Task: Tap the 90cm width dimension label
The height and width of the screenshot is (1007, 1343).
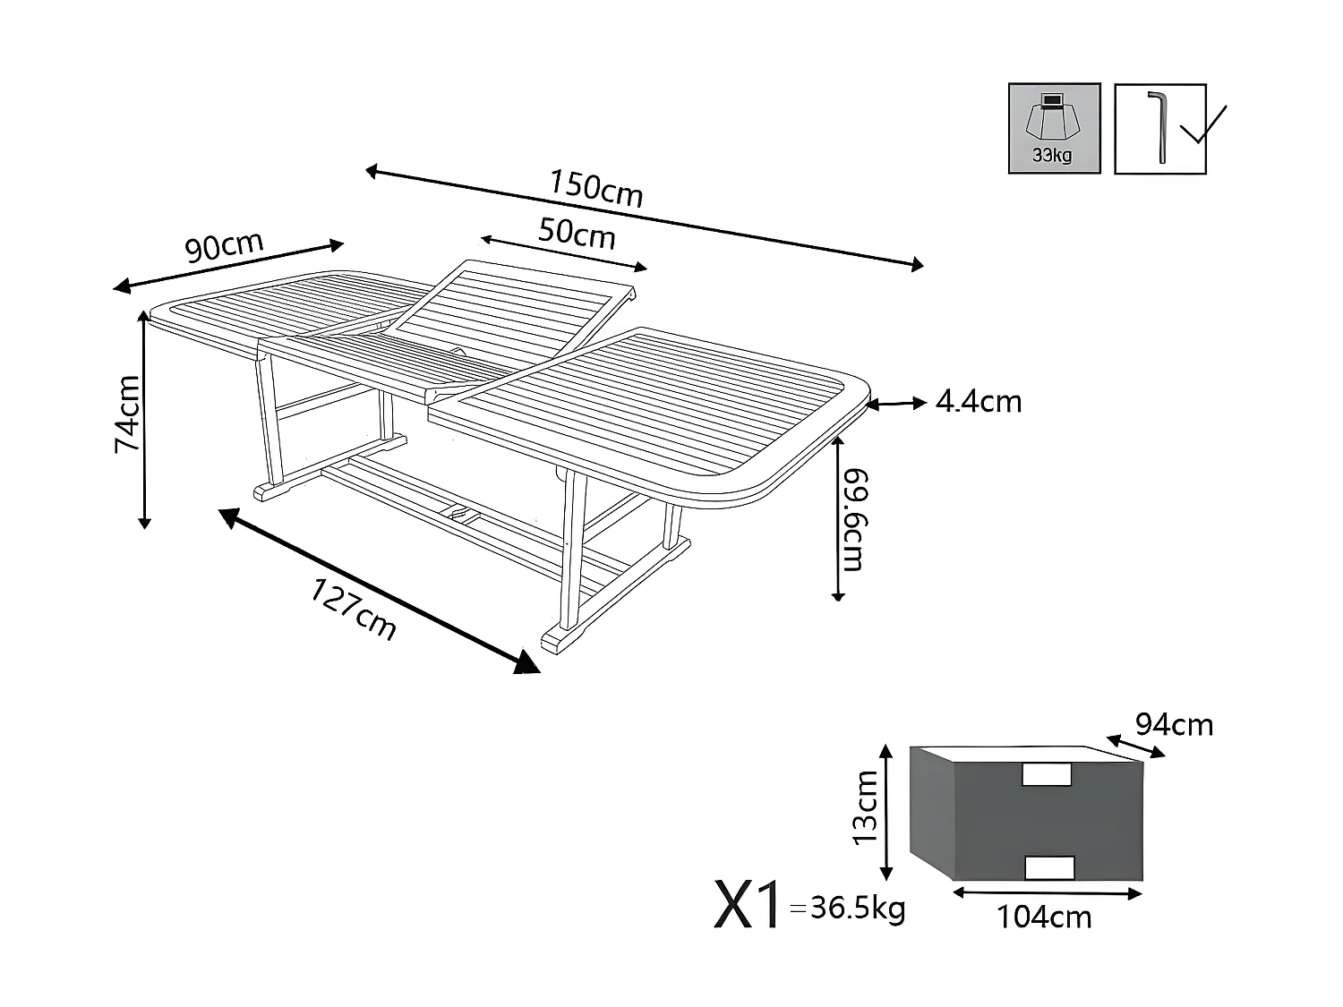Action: coord(224,246)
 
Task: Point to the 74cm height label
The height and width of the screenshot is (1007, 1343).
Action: coord(127,414)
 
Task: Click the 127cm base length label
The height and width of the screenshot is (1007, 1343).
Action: coord(354,609)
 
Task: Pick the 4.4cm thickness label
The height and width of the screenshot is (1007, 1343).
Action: coord(978,402)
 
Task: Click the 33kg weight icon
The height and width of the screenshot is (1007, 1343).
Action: coord(1054,128)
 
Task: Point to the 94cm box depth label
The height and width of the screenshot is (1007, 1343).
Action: coord(1174,724)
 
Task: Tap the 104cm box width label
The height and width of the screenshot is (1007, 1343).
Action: coord(1044,917)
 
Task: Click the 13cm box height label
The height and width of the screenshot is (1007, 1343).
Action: coord(866,808)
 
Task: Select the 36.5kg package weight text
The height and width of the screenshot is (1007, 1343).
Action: coord(857,909)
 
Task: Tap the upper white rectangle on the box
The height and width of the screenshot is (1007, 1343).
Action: coord(1046,774)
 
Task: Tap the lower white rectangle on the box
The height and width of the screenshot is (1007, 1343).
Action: coord(1048,867)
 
